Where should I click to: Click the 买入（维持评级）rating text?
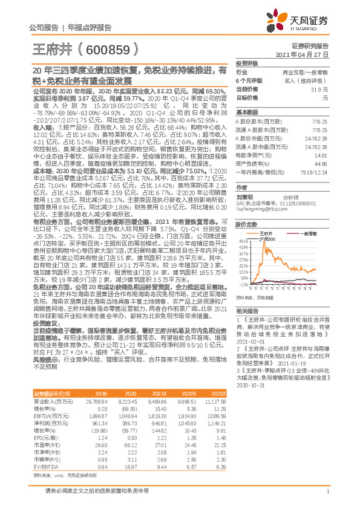[319, 80]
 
